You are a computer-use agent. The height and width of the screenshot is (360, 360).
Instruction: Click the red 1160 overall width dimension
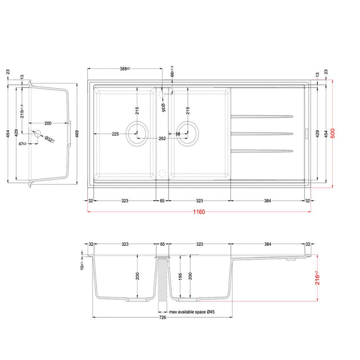pos(200,212)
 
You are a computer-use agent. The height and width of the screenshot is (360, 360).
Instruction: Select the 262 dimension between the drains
pos(162,138)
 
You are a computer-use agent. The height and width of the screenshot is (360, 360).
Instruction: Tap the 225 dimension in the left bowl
pos(116,134)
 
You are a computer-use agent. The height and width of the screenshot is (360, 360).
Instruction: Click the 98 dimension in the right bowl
pos(177,134)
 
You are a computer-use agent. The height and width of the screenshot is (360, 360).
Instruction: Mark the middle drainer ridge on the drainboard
pos(262,134)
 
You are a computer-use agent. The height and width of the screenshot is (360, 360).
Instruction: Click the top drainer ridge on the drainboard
pos(262,115)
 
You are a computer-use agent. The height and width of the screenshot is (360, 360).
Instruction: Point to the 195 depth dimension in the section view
pos(181,277)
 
